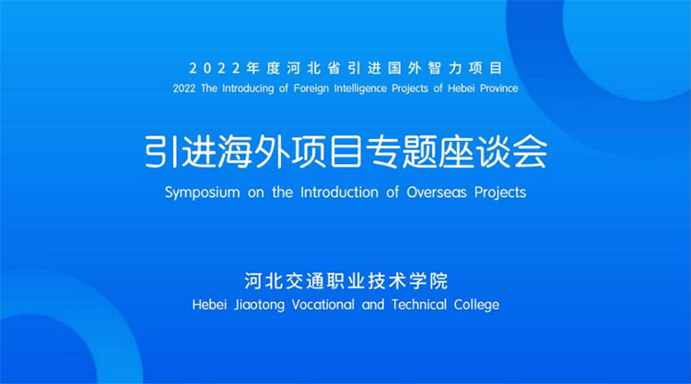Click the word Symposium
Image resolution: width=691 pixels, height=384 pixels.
(203, 192)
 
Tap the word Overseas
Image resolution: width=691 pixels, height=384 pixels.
(437, 192)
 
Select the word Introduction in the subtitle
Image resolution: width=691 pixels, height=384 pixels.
(339, 192)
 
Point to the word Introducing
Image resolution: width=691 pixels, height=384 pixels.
(248, 88)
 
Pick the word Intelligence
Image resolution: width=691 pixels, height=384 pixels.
(360, 89)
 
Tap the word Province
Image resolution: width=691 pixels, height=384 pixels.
(498, 88)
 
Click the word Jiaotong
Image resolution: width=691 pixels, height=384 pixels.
(259, 305)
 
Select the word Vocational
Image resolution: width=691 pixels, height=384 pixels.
(323, 305)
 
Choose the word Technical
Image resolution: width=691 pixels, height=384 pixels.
(419, 305)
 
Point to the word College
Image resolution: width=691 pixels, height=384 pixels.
(476, 305)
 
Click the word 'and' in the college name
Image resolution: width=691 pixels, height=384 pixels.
(373, 305)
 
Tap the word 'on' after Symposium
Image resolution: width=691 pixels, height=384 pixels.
(255, 193)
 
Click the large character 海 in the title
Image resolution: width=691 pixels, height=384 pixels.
(236, 151)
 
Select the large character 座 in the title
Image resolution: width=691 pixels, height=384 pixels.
(457, 151)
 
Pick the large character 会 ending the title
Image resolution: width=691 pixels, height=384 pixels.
(530, 151)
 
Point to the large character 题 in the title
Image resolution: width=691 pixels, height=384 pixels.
(420, 151)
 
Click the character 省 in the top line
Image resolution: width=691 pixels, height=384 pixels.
(334, 68)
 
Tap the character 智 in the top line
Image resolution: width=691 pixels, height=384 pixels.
(435, 68)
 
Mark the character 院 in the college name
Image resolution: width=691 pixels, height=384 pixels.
(439, 282)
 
